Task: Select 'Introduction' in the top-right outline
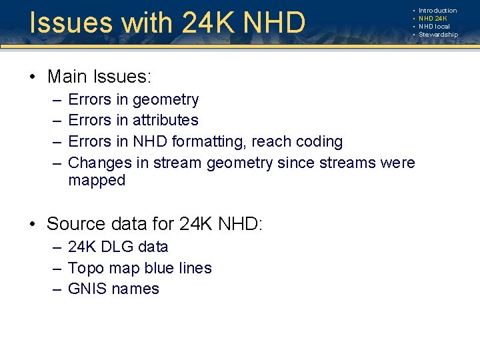click(x=437, y=11)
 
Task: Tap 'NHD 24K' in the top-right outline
click(x=433, y=19)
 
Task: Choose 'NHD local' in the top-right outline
click(x=434, y=27)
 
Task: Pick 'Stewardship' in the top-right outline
click(x=438, y=35)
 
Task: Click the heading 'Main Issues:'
click(x=99, y=77)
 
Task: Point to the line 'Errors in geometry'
click(x=133, y=100)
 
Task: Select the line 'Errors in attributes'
click(x=133, y=121)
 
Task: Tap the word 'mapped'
click(x=97, y=181)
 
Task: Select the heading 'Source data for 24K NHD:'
click(x=155, y=224)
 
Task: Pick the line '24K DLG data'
click(x=118, y=247)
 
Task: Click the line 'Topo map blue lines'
click(x=140, y=268)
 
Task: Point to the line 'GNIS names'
click(x=114, y=289)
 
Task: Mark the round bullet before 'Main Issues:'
click(x=33, y=77)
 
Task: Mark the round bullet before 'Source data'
click(x=33, y=225)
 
